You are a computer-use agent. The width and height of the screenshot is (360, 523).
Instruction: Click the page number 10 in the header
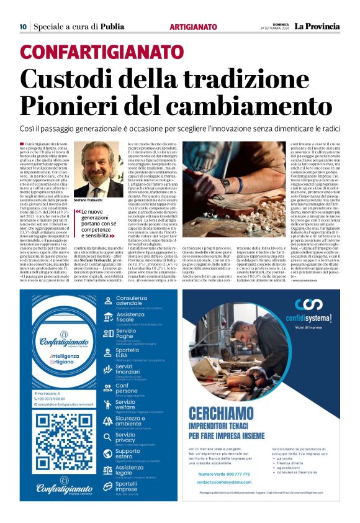coord(23,27)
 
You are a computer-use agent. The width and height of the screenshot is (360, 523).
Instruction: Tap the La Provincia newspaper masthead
coord(317,26)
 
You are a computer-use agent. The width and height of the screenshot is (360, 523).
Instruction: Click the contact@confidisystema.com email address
coord(228,482)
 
